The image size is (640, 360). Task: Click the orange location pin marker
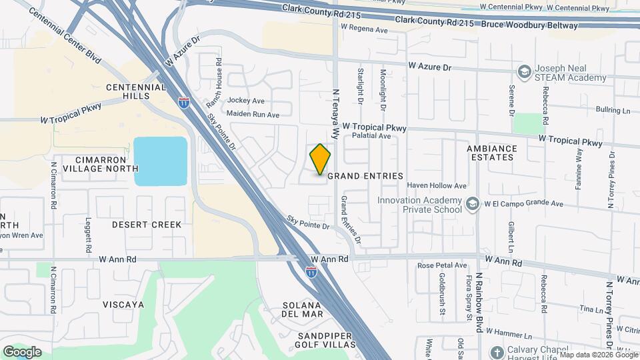pos(320,159)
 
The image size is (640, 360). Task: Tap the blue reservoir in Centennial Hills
pos(160,161)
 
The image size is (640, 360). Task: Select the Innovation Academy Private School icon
pos(473,203)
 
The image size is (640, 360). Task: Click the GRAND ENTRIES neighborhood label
pos(365,176)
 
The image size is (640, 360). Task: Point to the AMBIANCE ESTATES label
pos(491,153)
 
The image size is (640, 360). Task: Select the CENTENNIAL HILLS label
pos(136,91)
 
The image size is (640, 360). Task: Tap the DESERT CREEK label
pos(147,225)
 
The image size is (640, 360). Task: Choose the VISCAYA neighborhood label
pos(123,305)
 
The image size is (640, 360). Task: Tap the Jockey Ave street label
pos(246,101)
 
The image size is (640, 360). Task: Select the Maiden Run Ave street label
pos(253,115)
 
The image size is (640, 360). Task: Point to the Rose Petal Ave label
pos(442,265)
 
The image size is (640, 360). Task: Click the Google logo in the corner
pos(22,351)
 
